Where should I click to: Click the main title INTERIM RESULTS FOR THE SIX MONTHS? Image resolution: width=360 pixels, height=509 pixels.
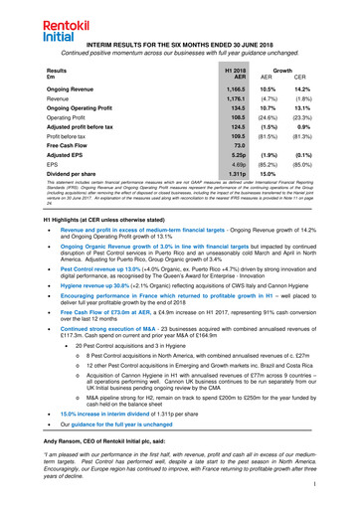(x=179, y=46)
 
